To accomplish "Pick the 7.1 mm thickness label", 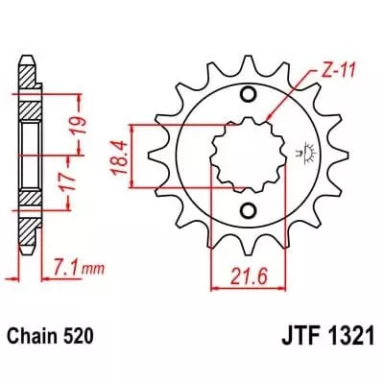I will (72, 263).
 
